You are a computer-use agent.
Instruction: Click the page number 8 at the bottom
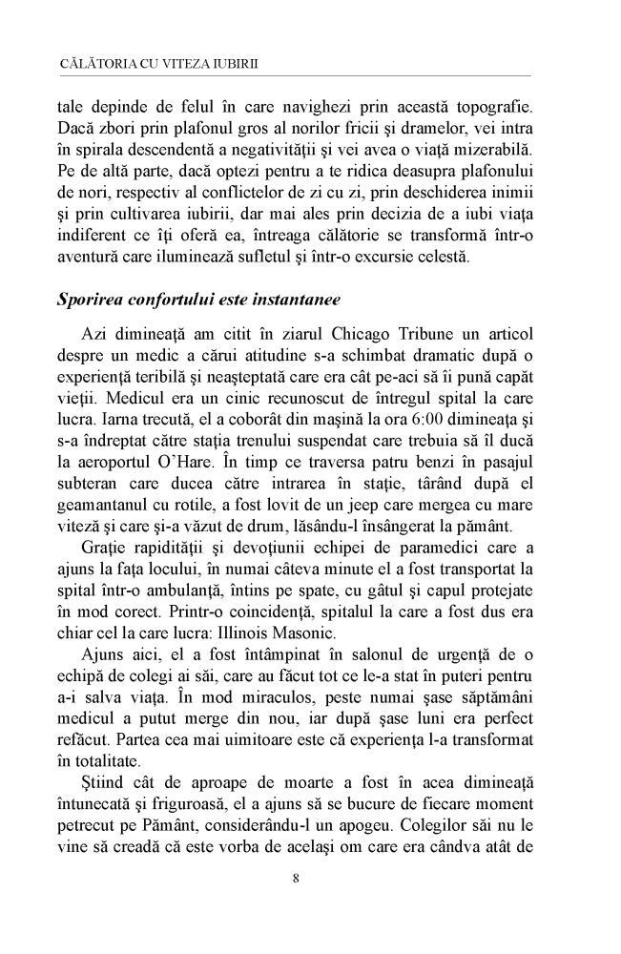[x=298, y=878]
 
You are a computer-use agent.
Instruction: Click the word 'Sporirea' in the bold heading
[x=93, y=299]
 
